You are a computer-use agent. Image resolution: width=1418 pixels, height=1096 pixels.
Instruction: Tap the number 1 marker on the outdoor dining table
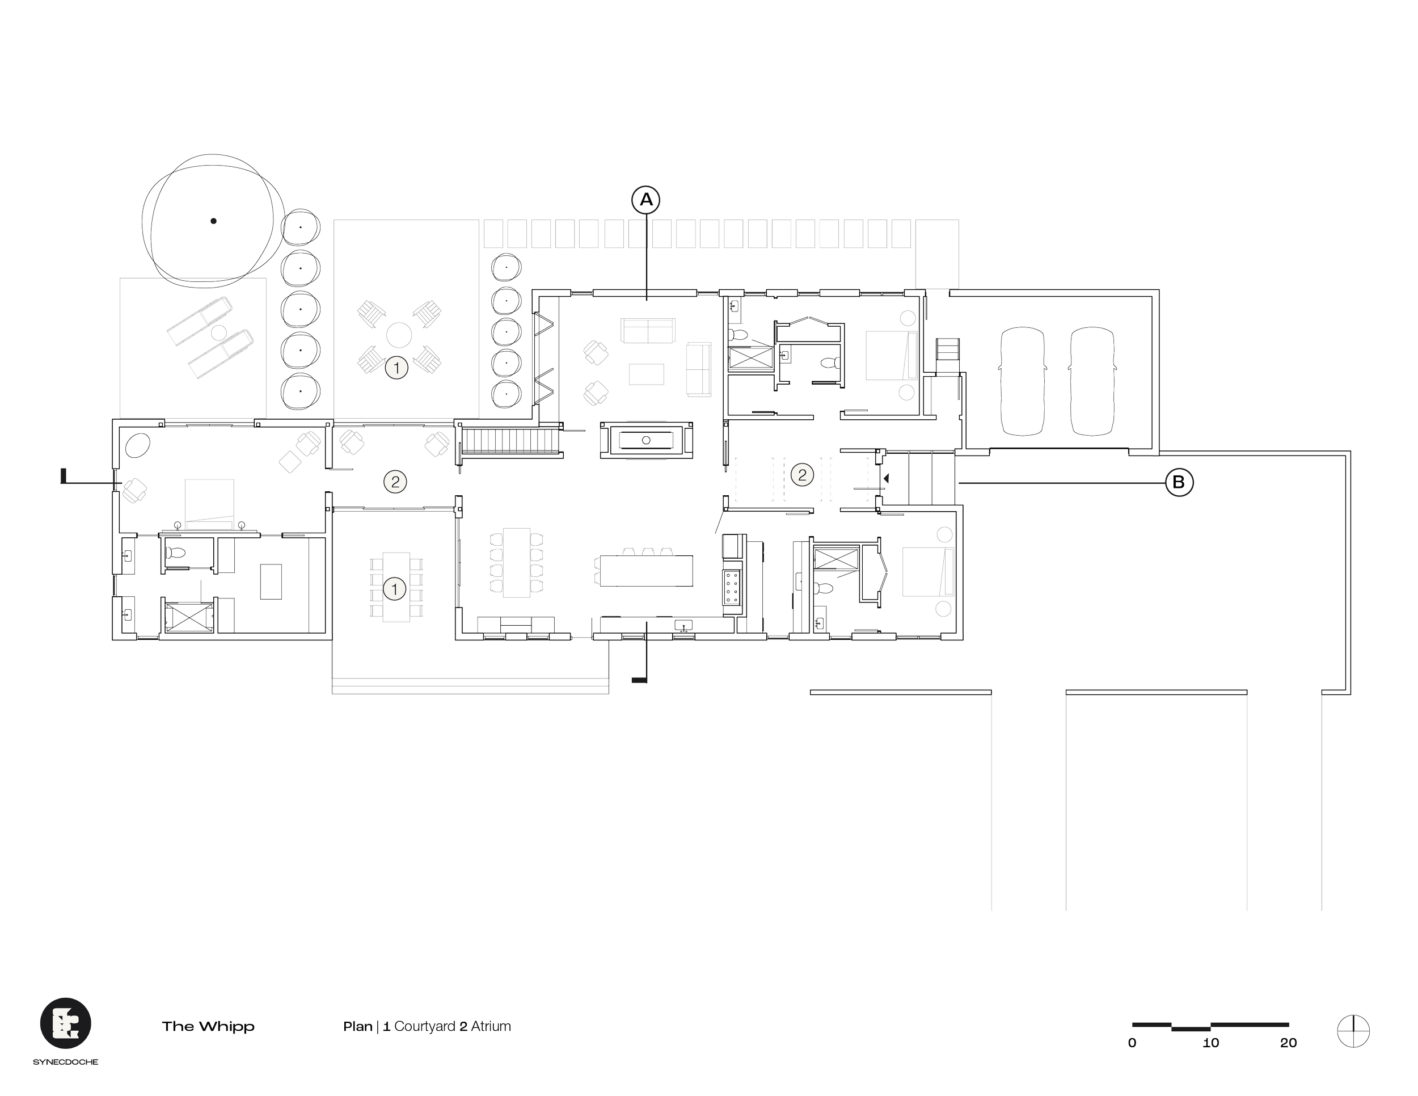(395, 589)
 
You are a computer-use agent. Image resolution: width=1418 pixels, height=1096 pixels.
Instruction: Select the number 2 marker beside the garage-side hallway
(802, 475)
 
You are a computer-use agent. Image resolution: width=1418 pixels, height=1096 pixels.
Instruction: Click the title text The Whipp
(208, 1027)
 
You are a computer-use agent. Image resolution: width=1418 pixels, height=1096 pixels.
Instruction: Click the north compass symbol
(1353, 1030)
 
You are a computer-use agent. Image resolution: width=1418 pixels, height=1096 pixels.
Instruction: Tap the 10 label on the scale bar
(1211, 1043)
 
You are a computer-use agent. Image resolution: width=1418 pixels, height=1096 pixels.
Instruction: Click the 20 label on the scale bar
(1288, 1043)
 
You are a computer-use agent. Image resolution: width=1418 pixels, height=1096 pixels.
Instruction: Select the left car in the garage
(1022, 381)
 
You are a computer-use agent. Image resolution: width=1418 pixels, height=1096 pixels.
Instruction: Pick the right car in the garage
(1093, 381)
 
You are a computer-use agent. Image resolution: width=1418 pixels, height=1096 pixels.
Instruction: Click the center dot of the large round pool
(214, 221)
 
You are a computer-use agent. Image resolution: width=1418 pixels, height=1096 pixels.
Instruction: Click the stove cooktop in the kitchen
(732, 587)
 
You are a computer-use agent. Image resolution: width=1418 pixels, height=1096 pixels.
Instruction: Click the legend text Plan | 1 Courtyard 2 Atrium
(427, 1027)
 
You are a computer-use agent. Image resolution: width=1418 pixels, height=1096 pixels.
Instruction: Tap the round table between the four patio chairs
(399, 336)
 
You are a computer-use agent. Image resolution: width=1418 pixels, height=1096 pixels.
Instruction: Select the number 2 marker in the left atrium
(395, 482)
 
